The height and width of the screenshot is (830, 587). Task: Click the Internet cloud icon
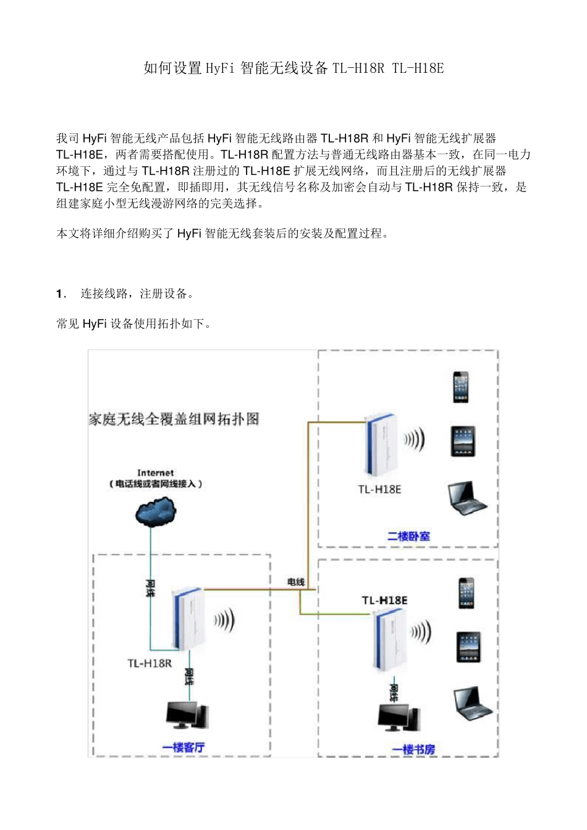click(156, 511)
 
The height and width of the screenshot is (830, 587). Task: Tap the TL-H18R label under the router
click(149, 663)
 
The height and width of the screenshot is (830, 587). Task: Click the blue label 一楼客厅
click(184, 747)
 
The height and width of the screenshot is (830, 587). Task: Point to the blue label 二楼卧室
click(408, 536)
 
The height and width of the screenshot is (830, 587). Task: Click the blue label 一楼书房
click(413, 749)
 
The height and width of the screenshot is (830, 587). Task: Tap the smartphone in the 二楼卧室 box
click(460, 387)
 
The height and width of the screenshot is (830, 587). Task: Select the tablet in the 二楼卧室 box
click(463, 442)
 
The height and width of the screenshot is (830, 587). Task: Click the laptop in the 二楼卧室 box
click(467, 498)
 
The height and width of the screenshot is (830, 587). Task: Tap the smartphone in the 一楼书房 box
click(467, 593)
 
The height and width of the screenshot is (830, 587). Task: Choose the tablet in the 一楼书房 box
click(468, 647)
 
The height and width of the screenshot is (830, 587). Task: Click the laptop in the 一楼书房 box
click(472, 703)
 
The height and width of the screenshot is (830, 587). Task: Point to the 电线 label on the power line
click(296, 582)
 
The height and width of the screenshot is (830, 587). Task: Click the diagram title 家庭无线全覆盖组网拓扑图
click(174, 419)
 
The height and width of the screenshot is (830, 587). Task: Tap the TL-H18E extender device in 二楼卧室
click(379, 444)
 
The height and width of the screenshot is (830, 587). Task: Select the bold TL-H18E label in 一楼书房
click(384, 600)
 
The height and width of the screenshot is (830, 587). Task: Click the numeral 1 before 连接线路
click(59, 294)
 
